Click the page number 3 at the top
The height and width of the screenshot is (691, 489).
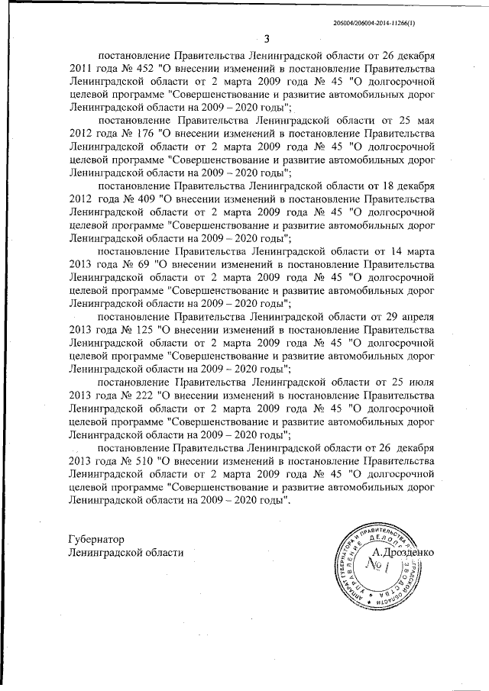click(266, 40)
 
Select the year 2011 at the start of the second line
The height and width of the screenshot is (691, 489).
click(80, 68)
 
